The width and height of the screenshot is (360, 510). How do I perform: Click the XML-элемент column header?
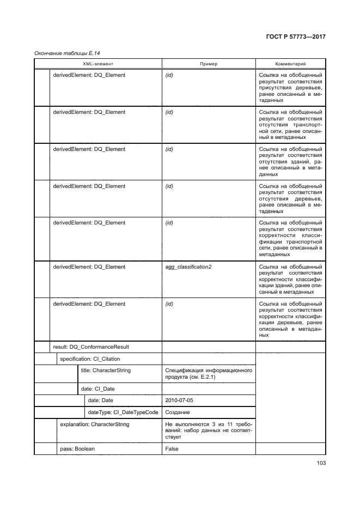(x=97, y=64)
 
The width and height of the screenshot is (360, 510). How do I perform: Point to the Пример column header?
(x=209, y=64)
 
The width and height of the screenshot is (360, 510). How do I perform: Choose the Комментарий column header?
(x=290, y=64)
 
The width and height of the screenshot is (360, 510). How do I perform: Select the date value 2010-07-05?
(x=179, y=400)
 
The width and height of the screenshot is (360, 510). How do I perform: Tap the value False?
(x=172, y=449)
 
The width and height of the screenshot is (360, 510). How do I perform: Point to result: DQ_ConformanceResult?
(x=90, y=347)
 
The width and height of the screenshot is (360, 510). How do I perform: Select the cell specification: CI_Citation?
(x=90, y=359)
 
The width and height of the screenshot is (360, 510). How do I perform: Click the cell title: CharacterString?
(x=106, y=371)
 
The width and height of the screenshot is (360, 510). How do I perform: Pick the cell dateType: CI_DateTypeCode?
(x=123, y=412)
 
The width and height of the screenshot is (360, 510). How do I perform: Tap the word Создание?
(x=178, y=412)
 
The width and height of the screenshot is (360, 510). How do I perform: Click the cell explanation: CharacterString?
(x=95, y=424)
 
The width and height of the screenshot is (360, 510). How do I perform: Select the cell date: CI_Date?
(x=97, y=388)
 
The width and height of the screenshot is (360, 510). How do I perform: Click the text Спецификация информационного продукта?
(x=209, y=374)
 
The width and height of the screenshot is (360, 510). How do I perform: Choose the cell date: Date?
(x=101, y=400)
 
